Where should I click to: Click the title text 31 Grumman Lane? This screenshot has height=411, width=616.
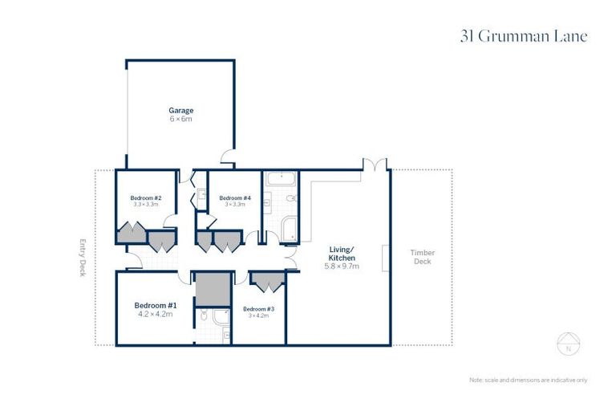tap(524, 36)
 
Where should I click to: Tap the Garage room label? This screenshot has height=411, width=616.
tap(180, 110)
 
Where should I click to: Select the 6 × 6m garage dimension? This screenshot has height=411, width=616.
tap(180, 119)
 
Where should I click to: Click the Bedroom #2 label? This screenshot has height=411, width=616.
tap(146, 197)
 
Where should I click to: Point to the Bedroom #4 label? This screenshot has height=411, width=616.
tap(235, 197)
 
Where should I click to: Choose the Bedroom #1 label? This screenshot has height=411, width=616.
tap(155, 305)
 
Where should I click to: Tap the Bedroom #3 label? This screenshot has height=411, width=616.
tap(258, 309)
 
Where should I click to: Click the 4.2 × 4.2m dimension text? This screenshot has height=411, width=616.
tap(155, 315)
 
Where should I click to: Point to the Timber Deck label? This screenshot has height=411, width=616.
tap(422, 257)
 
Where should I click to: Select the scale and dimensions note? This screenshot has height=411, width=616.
tap(528, 380)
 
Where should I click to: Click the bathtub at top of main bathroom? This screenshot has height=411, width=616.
tap(280, 178)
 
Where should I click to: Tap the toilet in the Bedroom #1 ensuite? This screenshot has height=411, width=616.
tap(204, 317)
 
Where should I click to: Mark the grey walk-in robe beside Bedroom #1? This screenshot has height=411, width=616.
tap(213, 290)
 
